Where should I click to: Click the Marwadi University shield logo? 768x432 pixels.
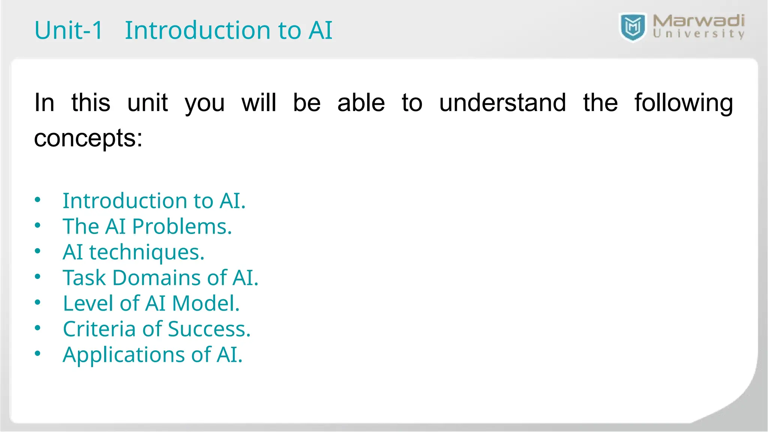point(633,27)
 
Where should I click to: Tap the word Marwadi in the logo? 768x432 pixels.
point(698,21)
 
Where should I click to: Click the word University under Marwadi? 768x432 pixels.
point(698,34)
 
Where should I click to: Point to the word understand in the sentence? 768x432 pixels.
point(502,103)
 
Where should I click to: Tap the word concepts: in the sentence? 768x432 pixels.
point(88,138)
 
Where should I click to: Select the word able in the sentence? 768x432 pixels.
point(361,103)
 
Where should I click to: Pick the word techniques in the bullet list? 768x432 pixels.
point(146,252)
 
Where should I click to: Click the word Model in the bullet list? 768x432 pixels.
point(205,303)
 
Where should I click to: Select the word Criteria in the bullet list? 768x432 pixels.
point(99,329)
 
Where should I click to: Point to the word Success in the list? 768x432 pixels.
point(208,329)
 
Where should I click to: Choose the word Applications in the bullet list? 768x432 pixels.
point(123,355)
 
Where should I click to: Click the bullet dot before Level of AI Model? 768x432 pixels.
point(37,302)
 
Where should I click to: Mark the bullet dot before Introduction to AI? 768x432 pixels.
point(37,200)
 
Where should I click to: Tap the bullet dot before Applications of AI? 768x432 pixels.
point(37,354)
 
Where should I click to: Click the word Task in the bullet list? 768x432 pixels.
point(84,278)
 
